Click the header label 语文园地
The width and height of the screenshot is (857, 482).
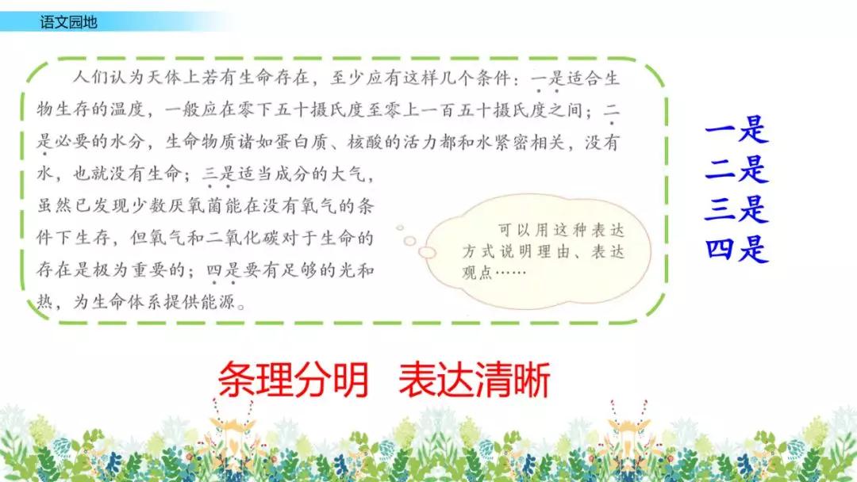click(x=68, y=22)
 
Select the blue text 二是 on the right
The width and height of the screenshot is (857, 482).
click(x=736, y=170)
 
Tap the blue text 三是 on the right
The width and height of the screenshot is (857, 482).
click(x=736, y=209)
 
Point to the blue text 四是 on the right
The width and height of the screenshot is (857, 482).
click(x=736, y=249)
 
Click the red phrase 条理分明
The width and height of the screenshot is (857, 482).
click(x=294, y=382)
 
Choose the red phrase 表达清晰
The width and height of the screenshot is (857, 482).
click(x=474, y=382)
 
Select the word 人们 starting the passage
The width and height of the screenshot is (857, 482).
click(x=83, y=78)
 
